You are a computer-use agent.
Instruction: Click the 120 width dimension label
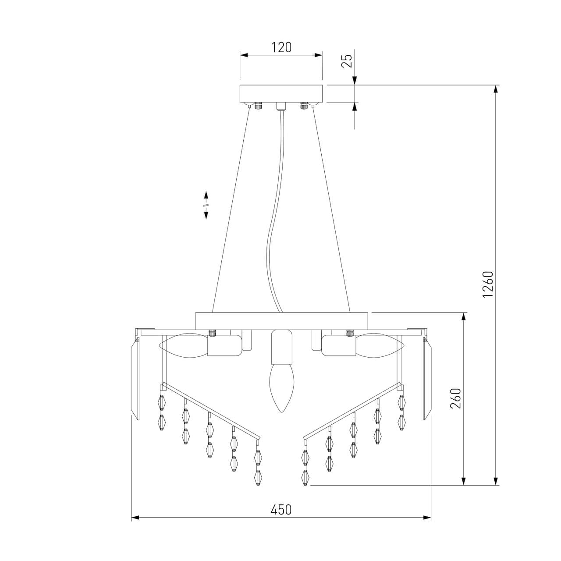pos(281,47)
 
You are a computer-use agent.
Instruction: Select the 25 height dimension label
pos(347,61)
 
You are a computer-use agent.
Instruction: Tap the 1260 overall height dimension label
pos(488,285)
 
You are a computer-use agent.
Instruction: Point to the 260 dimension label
pos(456,398)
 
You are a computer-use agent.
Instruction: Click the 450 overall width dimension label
pos(281,510)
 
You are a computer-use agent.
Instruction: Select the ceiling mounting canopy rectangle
pos(281,93)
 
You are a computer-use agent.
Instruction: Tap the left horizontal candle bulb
pos(183,346)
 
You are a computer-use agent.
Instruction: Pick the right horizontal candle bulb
pos(380,346)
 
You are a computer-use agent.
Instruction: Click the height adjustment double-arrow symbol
pos(206,205)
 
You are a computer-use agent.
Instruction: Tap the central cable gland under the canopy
pos(281,106)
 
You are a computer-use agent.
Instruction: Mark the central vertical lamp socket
pos(280,346)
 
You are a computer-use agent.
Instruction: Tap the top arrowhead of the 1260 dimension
pos(496,89)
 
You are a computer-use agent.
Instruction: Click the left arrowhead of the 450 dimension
pos(135,518)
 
